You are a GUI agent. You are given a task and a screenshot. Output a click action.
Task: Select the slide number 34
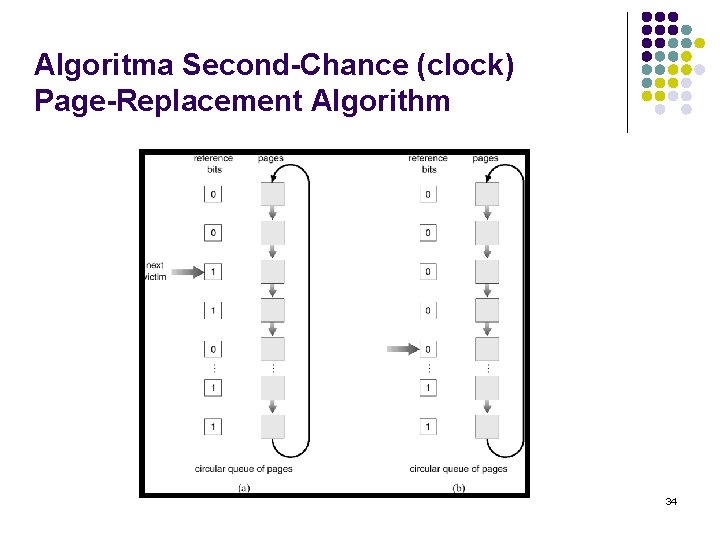point(670,500)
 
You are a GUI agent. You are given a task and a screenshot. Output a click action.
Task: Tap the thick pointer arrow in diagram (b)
point(401,349)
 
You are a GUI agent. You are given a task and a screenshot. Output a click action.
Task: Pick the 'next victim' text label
point(156,271)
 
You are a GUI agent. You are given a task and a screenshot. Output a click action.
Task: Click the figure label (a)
point(243,488)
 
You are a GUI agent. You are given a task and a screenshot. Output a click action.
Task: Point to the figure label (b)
point(458,488)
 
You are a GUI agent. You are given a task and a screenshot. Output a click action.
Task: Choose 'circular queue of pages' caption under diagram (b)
point(458,469)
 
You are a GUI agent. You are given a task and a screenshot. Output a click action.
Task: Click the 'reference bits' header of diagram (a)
point(213,163)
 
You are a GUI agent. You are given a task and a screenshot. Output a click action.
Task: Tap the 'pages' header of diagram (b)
point(485,158)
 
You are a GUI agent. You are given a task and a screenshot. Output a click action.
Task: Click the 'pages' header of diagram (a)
point(270,158)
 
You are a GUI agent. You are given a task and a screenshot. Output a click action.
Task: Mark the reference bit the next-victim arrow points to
point(213,271)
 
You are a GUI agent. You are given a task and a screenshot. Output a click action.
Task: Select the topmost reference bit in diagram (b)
point(428,195)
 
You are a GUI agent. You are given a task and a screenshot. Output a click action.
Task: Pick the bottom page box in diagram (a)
point(272,426)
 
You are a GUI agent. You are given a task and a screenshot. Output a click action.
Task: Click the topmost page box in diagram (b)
point(487,195)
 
